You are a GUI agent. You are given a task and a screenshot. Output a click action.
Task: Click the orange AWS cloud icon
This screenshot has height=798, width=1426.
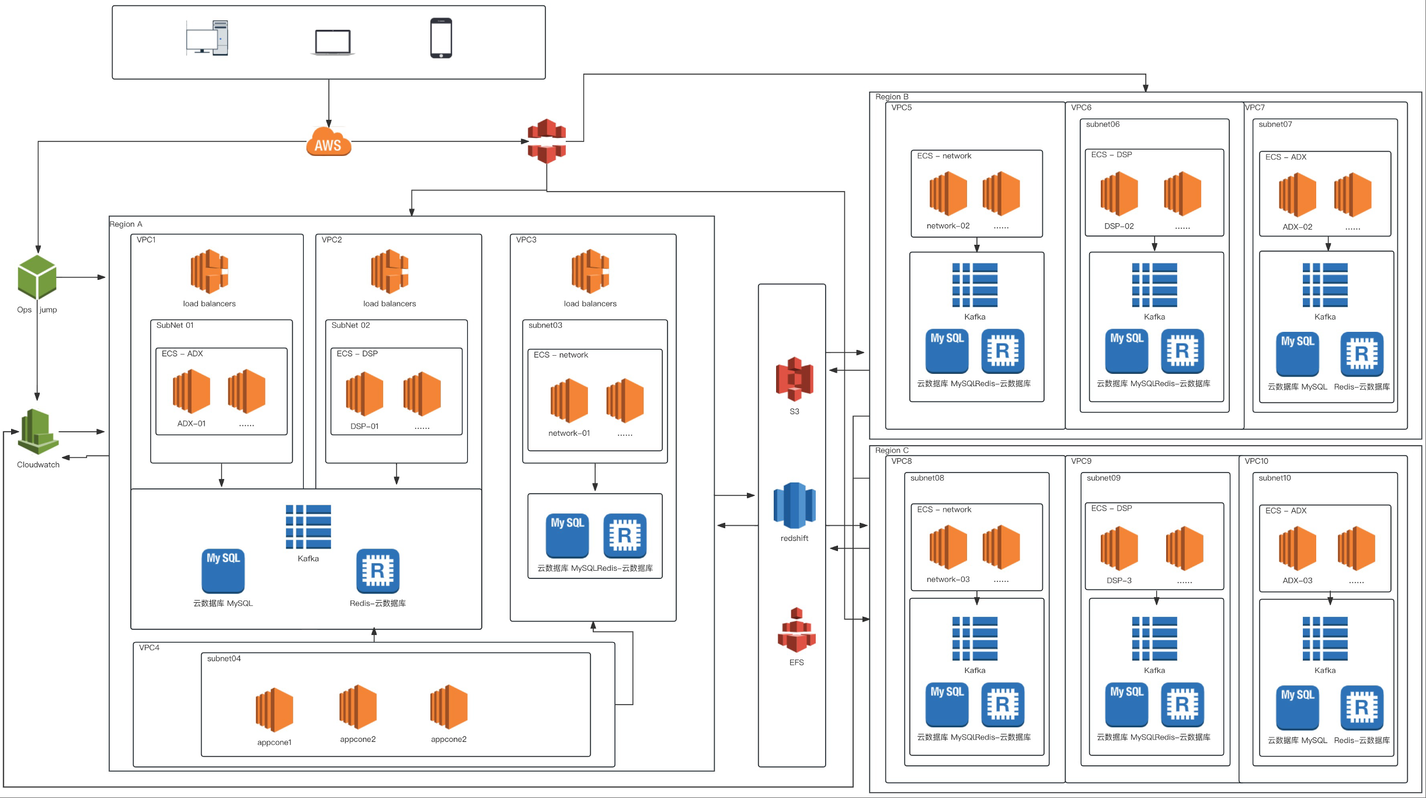328,142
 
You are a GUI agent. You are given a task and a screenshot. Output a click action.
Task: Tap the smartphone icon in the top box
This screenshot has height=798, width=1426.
441,38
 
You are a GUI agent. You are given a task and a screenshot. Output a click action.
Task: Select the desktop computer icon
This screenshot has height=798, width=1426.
207,38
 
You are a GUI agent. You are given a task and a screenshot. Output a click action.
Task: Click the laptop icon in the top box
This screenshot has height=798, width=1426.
332,42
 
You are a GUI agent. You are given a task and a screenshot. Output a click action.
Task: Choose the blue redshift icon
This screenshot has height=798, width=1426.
794,505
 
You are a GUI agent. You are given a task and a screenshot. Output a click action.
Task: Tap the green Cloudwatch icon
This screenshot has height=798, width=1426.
38,432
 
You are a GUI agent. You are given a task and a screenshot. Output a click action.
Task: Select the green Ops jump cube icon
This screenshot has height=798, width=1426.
37,277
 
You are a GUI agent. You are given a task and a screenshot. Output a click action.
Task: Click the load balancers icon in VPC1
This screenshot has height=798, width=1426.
209,272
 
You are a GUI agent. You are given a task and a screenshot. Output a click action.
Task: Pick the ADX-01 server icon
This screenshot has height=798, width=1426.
192,391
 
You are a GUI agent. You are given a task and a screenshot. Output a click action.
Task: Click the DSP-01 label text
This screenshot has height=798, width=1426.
364,426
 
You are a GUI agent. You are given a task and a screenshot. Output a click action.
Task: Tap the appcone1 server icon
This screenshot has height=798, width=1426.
274,710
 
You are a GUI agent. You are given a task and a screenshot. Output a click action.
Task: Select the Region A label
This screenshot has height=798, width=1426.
126,224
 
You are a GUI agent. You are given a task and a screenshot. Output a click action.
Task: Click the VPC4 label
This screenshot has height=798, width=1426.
149,648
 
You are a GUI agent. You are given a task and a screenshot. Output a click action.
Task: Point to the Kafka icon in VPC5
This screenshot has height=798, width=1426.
975,285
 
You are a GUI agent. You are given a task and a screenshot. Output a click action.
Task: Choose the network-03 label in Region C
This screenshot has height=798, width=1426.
948,580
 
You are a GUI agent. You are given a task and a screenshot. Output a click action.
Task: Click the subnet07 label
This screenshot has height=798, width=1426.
1275,124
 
